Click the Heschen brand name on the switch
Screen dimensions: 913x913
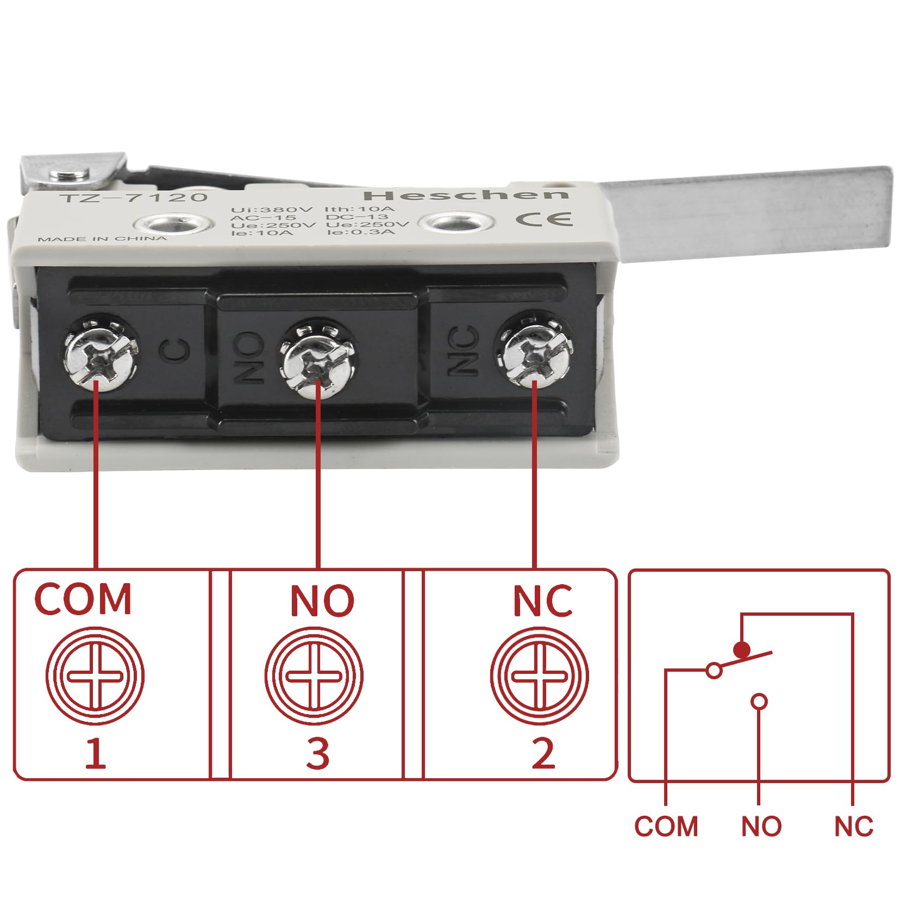(466, 195)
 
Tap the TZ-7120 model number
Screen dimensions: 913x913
(134, 197)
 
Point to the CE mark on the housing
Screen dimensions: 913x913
(543, 218)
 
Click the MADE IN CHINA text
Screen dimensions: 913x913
(102, 239)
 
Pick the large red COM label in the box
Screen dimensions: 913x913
(83, 599)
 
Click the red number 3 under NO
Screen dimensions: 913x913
(318, 754)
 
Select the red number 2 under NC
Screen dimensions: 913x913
(543, 754)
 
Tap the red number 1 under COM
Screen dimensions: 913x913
(96, 754)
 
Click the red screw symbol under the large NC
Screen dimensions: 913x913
(539, 677)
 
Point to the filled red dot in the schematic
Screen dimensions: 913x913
(741, 649)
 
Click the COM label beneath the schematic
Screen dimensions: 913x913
(666, 827)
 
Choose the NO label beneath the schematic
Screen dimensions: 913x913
(761, 827)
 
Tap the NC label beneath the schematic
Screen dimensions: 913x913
(854, 827)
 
